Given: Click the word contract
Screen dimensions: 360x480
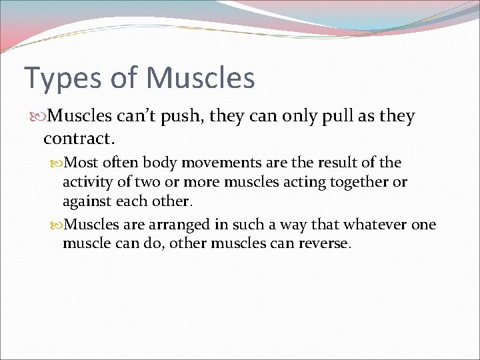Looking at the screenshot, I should [79, 139].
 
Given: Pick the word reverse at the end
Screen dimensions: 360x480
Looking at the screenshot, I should [324, 244].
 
